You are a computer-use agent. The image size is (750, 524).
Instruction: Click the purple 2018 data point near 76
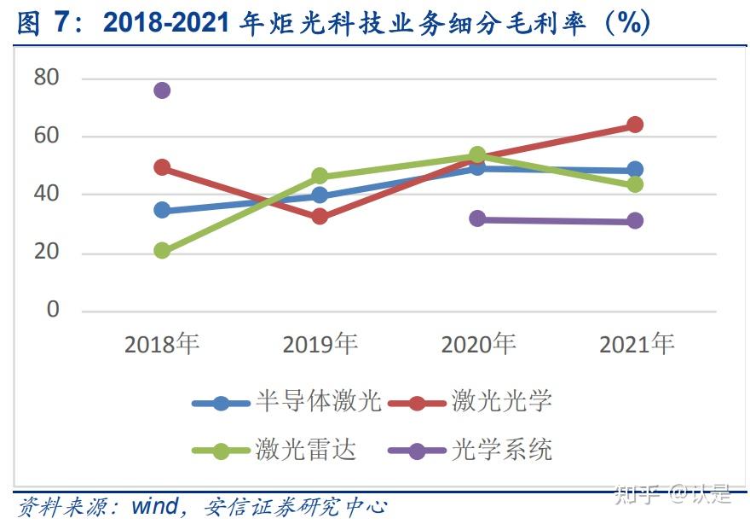click(162, 90)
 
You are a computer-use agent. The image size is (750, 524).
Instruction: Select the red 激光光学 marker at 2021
click(635, 125)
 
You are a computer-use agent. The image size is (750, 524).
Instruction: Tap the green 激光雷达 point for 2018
click(162, 251)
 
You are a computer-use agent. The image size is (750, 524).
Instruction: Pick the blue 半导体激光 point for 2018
click(162, 210)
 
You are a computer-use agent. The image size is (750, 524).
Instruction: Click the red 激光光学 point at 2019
click(320, 217)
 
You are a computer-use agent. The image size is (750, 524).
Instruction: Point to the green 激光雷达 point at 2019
click(320, 177)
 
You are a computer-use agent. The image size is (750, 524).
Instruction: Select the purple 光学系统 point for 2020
click(477, 218)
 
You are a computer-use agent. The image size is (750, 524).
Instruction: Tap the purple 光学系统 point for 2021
click(635, 221)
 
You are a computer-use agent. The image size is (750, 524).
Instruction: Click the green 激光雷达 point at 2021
click(635, 184)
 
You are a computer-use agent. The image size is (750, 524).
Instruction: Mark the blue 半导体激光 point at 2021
click(635, 170)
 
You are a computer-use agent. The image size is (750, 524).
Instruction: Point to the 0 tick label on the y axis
click(54, 310)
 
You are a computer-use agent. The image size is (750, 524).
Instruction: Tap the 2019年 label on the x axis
click(320, 344)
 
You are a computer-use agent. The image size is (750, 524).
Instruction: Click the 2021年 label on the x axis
click(637, 344)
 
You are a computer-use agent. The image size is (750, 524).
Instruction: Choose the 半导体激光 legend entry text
click(318, 402)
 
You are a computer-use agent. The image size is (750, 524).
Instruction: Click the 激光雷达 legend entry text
click(306, 450)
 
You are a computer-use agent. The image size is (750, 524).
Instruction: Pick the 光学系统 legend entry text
click(501, 450)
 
